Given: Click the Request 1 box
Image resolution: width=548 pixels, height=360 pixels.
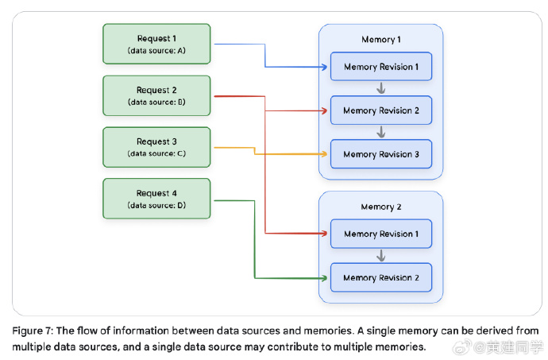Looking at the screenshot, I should click(x=156, y=44).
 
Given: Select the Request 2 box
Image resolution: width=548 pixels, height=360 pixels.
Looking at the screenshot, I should click(x=156, y=95).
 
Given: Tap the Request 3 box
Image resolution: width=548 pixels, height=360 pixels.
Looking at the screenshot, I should click(x=156, y=147).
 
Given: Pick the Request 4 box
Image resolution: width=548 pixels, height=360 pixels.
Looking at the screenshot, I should click(x=156, y=199).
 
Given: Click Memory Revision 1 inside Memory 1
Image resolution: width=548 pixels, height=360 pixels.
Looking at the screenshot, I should click(x=380, y=67).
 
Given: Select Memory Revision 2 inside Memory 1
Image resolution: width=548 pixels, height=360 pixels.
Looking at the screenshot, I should click(x=380, y=110).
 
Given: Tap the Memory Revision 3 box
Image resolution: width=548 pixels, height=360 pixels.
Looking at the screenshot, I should click(x=380, y=154).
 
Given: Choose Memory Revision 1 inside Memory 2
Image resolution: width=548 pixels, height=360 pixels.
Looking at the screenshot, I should click(x=380, y=234).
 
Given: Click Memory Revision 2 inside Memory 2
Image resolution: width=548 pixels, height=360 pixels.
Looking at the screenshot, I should click(x=380, y=277).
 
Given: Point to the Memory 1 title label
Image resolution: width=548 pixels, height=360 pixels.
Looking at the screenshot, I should click(x=380, y=40).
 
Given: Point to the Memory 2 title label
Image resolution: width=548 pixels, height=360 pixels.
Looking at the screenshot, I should click(x=380, y=207).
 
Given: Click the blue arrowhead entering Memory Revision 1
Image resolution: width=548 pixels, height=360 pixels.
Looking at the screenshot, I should click(x=324, y=67).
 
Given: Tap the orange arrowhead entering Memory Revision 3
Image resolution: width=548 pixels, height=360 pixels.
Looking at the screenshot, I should click(x=324, y=153).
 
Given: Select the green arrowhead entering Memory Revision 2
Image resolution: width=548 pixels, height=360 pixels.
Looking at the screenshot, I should click(x=324, y=277).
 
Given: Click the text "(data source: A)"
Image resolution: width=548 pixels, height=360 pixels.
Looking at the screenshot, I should click(x=156, y=51).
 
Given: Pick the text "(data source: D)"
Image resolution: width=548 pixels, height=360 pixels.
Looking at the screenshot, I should click(x=156, y=206).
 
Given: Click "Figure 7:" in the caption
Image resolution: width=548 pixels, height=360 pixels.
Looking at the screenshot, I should click(x=33, y=330).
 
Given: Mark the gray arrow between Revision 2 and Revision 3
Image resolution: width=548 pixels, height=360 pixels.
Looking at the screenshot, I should click(x=381, y=132).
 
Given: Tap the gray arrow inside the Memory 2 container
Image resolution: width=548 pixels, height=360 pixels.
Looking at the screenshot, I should click(x=381, y=255).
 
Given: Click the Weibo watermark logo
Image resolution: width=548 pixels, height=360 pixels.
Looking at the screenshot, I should click(x=484, y=347).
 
